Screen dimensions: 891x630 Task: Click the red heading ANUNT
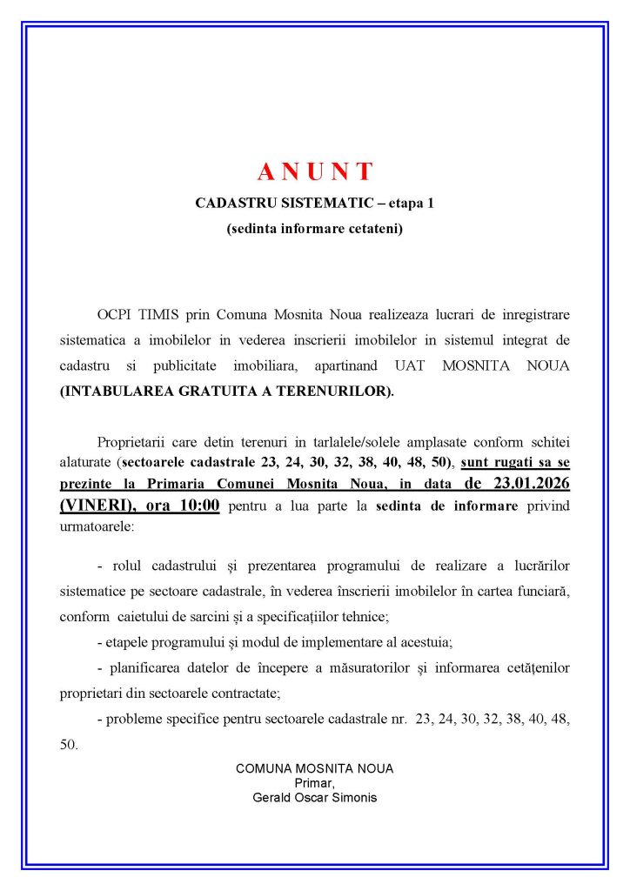tap(315, 171)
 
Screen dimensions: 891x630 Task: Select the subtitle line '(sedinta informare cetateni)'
tap(314, 230)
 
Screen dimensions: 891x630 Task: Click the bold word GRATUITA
tap(198, 392)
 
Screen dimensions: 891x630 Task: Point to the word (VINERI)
tap(93, 506)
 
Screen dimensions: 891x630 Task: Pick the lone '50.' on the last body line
tap(70, 745)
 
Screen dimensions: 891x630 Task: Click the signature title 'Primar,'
tap(314, 782)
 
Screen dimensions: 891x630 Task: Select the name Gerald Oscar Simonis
tap(314, 796)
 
